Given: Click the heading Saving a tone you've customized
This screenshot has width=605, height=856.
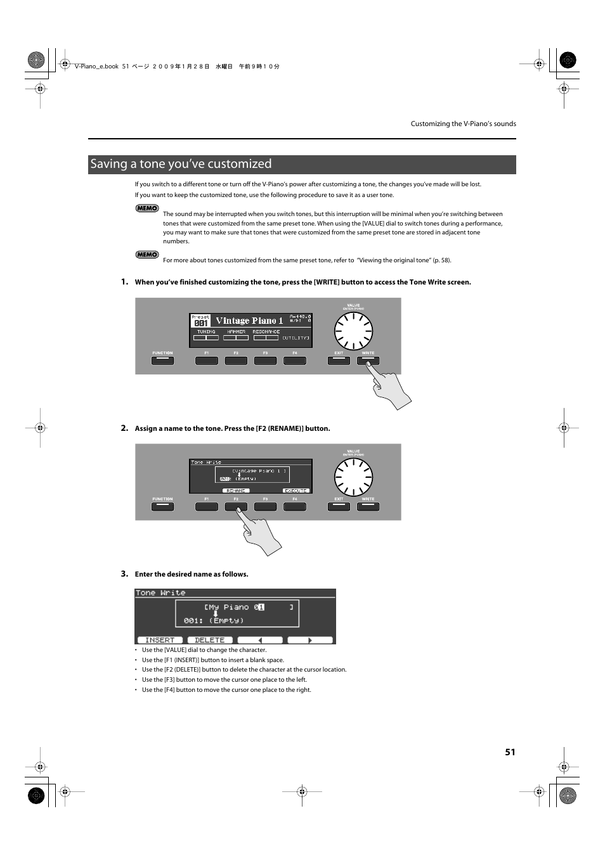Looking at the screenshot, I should pyautogui.click(x=181, y=164).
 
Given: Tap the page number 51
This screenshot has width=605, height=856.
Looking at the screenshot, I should pyautogui.click(x=510, y=752).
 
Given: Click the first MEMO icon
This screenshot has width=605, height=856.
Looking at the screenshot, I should pyautogui.click(x=147, y=208).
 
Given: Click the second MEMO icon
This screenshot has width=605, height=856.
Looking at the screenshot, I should pyautogui.click(x=147, y=255).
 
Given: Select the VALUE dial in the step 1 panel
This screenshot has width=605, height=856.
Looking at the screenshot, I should pyautogui.click(x=353, y=332).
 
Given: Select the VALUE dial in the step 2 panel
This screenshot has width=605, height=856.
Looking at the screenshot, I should pyautogui.click(x=353, y=478).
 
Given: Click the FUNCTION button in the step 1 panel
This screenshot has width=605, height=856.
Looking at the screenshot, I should pyautogui.click(x=162, y=361).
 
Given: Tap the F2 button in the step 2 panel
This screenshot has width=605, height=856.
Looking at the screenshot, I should pyautogui.click(x=236, y=507).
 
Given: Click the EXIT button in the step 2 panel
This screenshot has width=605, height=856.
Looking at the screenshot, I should pyautogui.click(x=339, y=507).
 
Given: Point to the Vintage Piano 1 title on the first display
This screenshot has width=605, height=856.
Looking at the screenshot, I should pyautogui.click(x=249, y=321).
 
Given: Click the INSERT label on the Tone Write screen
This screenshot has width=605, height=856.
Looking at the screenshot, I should pyautogui.click(x=160, y=640).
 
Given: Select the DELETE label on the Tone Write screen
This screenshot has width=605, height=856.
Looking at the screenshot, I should pyautogui.click(x=210, y=640).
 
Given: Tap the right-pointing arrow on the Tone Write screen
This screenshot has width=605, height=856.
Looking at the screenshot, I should pyautogui.click(x=310, y=640).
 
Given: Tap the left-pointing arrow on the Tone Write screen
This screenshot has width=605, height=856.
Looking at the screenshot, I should pyautogui.click(x=260, y=640).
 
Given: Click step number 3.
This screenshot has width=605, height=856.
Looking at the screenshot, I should pyautogui.click(x=124, y=574).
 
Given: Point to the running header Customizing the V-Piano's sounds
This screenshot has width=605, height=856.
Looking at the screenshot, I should pyautogui.click(x=463, y=124).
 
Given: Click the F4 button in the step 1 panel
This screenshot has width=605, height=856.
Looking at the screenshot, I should pyautogui.click(x=295, y=361).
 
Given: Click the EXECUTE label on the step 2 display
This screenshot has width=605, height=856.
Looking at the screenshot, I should pyautogui.click(x=296, y=490).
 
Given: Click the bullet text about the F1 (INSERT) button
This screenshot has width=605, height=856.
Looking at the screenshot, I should pyautogui.click(x=213, y=660).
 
